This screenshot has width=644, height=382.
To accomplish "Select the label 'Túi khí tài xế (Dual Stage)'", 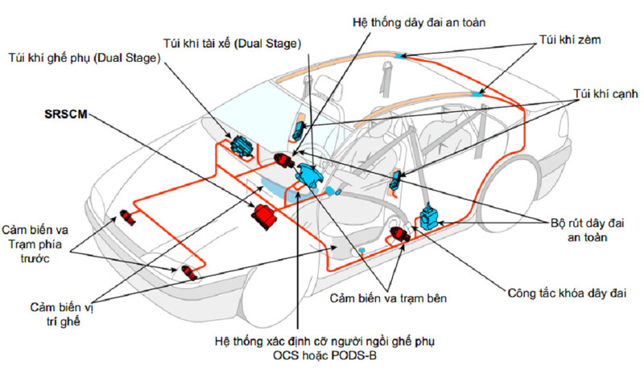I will [230, 43].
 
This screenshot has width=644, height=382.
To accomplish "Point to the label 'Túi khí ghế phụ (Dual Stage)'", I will [85, 58].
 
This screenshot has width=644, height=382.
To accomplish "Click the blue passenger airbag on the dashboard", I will [240, 145].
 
